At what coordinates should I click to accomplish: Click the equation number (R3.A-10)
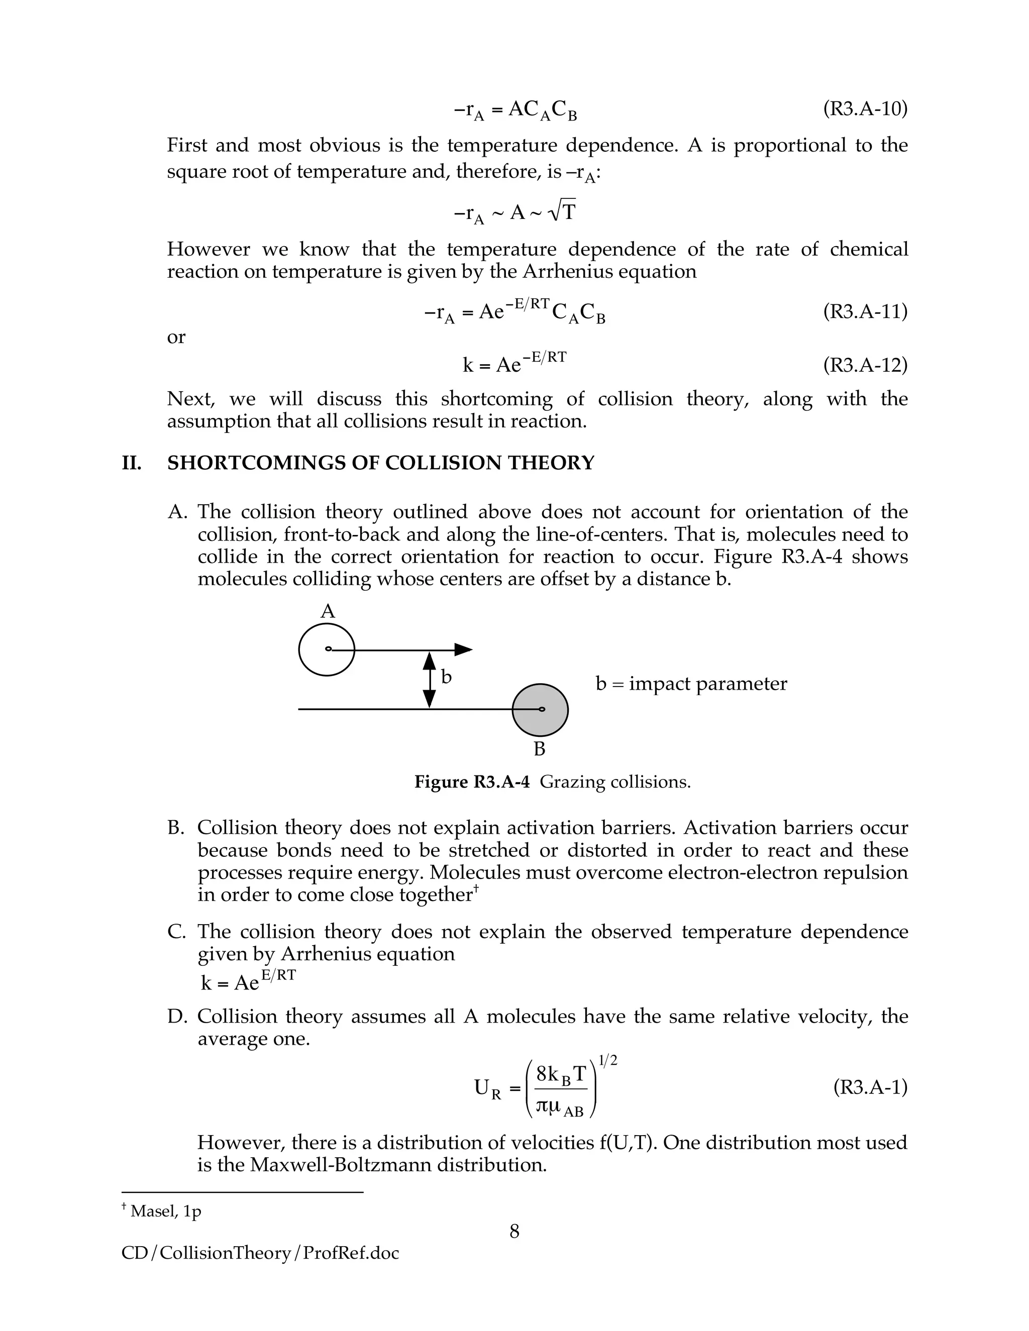864,109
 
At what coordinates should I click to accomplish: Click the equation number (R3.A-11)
864,311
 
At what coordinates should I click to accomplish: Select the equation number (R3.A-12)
864,365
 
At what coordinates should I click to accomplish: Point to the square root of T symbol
561,211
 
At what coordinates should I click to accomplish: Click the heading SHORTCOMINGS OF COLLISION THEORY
380,463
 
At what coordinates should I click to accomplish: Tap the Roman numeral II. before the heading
131,463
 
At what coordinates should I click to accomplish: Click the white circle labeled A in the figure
326,649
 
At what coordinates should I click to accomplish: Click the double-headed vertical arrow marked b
430,680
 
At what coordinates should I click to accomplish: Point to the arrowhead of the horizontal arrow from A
465,649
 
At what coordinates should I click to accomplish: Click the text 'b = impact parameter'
691,684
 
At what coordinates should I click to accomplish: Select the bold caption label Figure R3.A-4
472,782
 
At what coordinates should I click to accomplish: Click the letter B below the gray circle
540,749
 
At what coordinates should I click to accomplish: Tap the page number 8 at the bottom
514,1232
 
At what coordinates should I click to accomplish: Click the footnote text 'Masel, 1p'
165,1211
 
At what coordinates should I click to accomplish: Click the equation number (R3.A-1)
870,1086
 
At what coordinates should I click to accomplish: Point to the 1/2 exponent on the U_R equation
608,1060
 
